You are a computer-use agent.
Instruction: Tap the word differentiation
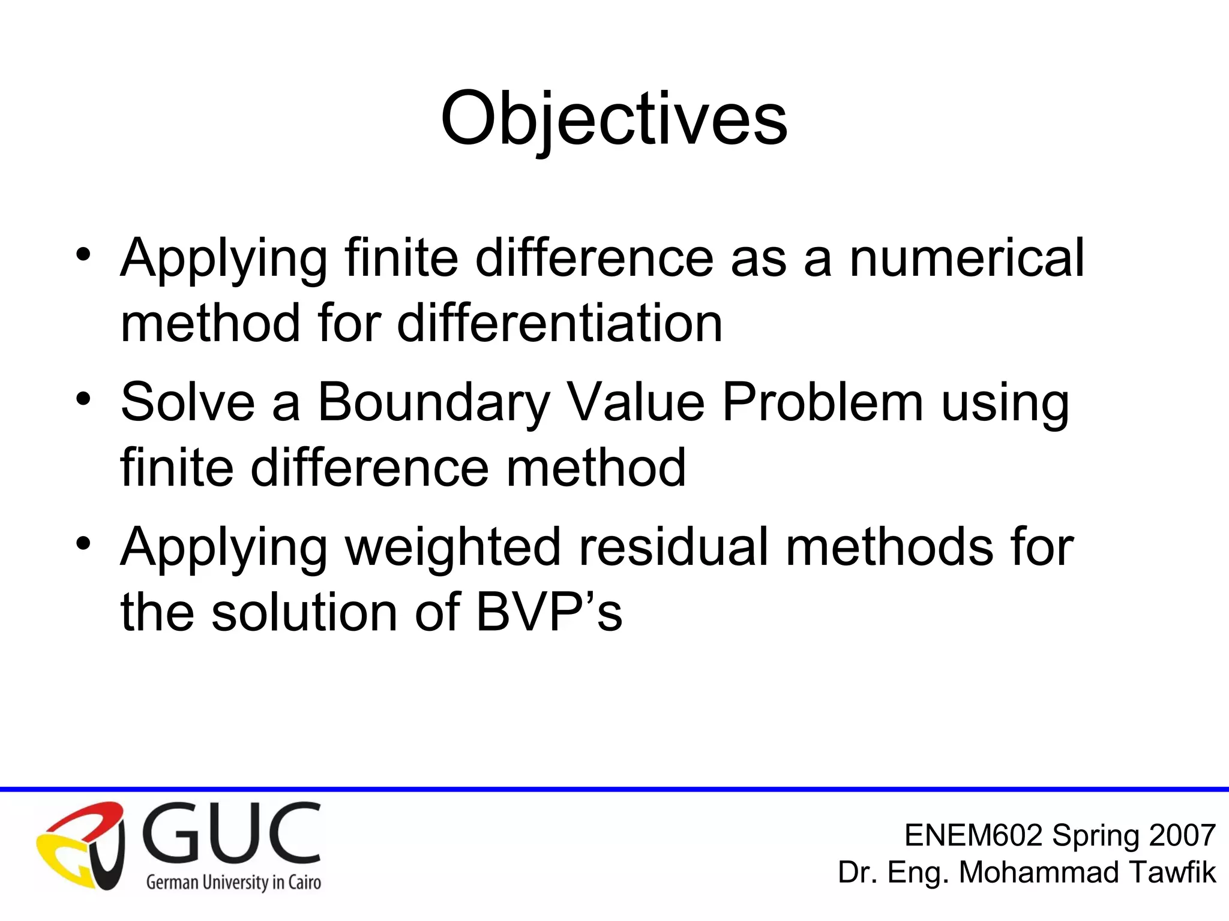click(559, 324)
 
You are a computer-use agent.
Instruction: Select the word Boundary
click(433, 403)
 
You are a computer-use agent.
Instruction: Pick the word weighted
click(453, 547)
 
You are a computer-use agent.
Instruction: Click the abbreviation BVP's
click(549, 612)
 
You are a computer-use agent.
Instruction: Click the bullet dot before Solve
click(83, 399)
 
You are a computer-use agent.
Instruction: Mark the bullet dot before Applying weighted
click(83, 543)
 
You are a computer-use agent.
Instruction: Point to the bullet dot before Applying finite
click(83, 254)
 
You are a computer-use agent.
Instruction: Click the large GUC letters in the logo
click(231, 833)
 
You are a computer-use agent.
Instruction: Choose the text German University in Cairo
click(233, 882)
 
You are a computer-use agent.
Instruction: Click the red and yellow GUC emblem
click(81, 845)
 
